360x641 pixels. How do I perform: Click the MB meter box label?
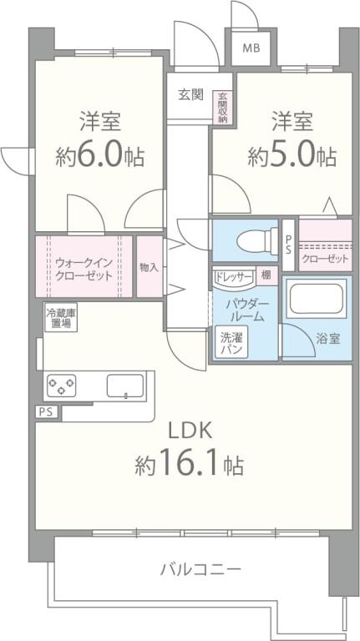coord(251,48)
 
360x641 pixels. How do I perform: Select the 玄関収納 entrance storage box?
coord(223,108)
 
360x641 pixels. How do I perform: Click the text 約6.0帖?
coord(100,154)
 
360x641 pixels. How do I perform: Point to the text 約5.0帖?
coord(292,155)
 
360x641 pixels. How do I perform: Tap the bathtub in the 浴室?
coord(317,300)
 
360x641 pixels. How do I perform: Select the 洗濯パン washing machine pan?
coord(231,343)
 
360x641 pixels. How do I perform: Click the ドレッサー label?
coord(234,275)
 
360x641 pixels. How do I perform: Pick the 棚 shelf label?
coord(265,275)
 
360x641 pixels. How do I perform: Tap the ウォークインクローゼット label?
coord(84,268)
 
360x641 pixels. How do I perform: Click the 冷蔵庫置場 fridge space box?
coord(59,317)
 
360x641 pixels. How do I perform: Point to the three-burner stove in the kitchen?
coord(61,386)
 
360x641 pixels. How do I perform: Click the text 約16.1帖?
coord(190,465)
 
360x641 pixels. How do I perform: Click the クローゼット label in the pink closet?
coord(325,260)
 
